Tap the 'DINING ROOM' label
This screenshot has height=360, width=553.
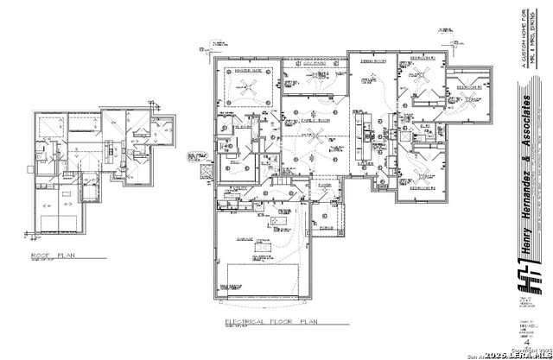[372, 60]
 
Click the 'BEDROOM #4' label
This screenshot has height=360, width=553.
[421, 186]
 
